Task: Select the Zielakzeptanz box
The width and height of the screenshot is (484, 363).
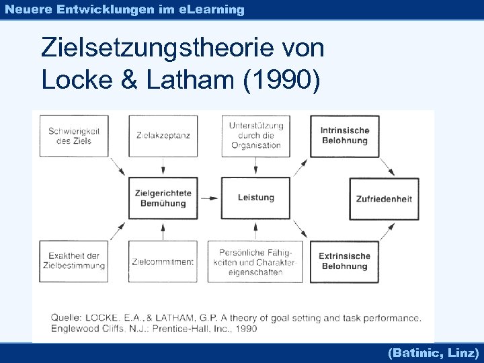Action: pos(162,136)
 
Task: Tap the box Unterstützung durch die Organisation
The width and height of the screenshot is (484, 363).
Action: pos(255,136)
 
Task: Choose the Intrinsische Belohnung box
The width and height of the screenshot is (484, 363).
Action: pos(344,136)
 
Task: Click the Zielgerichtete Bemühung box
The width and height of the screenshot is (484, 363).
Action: pos(163,198)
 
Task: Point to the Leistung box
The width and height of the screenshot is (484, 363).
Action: pos(255,198)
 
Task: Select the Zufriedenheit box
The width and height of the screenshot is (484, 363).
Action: pos(384,199)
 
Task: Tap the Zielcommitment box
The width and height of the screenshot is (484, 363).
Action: pos(162,261)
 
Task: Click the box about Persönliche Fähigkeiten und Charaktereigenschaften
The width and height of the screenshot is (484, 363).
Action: pos(255,261)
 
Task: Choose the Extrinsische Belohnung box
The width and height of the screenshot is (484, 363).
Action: pos(344,261)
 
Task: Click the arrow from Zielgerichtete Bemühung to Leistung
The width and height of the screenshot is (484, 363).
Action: pos(210,198)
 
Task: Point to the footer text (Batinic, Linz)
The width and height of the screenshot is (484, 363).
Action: pos(433,352)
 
